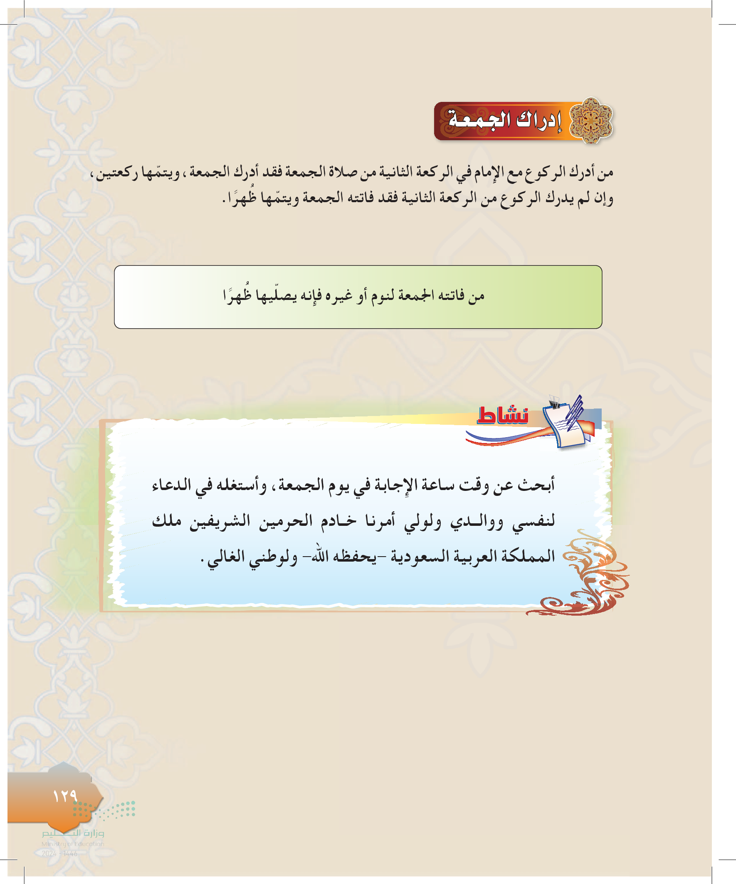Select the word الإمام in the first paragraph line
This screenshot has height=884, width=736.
click(491, 172)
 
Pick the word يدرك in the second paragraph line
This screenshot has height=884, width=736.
click(558, 198)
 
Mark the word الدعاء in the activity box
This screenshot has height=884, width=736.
click(173, 485)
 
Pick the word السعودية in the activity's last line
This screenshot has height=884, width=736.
click(419, 557)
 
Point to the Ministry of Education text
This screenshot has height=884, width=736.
click(73, 844)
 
